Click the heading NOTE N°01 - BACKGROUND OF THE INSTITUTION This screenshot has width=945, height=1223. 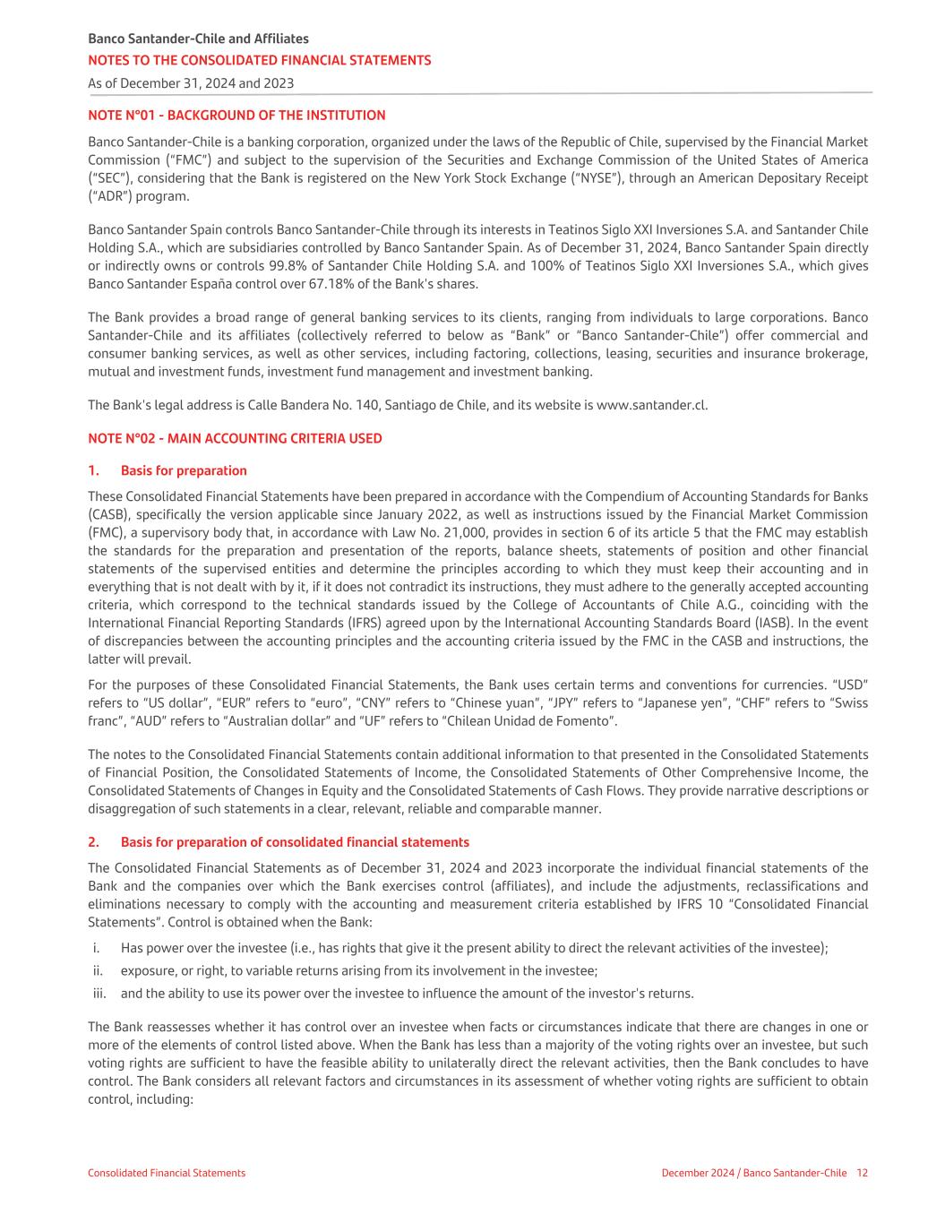click(x=236, y=116)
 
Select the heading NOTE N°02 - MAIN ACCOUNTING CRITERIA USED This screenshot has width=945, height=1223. click(x=235, y=438)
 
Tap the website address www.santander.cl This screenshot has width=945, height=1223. click(x=651, y=404)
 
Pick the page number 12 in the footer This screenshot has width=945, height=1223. click(x=862, y=1173)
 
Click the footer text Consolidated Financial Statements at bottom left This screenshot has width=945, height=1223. click(x=167, y=1173)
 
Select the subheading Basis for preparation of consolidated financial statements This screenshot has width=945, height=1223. click(x=295, y=842)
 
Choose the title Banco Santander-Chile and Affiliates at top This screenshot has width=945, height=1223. click(x=198, y=39)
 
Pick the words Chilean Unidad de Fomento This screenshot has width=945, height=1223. click(x=528, y=720)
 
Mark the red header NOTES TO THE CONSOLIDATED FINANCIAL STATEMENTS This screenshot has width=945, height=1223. click(x=259, y=60)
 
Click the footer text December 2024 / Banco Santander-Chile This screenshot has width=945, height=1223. click(x=753, y=1173)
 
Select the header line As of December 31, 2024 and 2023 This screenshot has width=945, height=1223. click(x=191, y=83)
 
